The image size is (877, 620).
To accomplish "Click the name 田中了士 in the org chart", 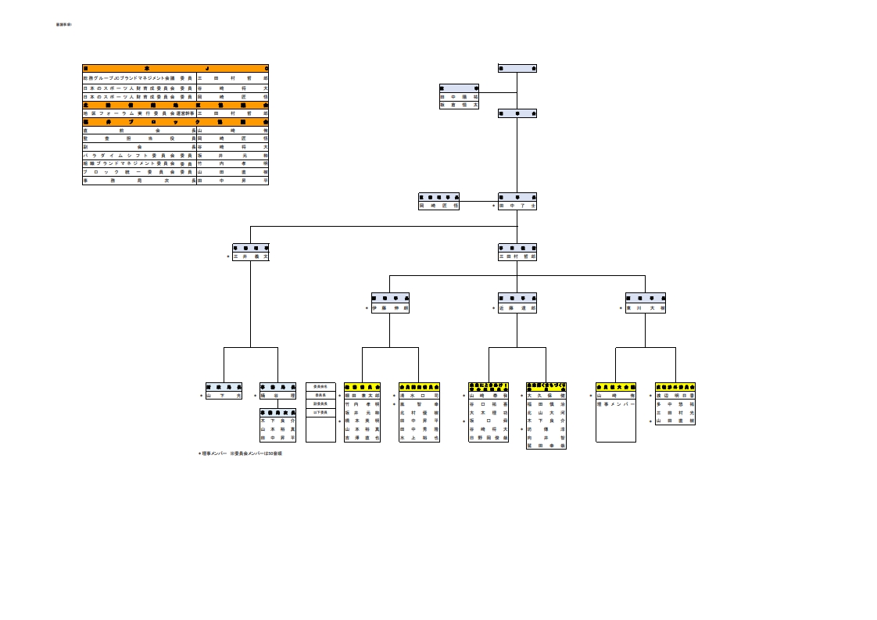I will tap(517, 206).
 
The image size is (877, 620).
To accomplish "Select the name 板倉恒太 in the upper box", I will tap(459, 104).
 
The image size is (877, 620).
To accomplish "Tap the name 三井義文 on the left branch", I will tap(251, 256).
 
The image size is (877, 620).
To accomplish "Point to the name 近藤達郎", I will tap(517, 308).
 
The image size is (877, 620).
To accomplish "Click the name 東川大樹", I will tap(646, 308).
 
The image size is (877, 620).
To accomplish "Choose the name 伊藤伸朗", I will tap(390, 308).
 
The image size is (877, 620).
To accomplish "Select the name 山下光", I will tap(224, 396).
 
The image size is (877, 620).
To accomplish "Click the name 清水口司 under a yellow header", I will tap(419, 396).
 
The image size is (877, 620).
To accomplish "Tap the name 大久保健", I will tap(546, 396).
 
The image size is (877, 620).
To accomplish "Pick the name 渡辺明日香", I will tap(675, 396).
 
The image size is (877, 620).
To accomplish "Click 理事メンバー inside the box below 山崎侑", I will tap(616, 404).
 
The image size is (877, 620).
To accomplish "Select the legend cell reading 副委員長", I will tap(320, 403).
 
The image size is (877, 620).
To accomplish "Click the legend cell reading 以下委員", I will tap(320, 412).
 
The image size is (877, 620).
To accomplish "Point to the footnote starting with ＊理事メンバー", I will tap(240, 453).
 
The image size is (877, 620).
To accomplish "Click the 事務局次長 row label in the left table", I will tap(138, 180).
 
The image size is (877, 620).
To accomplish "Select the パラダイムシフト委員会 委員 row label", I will tap(138, 155).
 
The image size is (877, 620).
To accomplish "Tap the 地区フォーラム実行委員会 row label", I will tap(138, 113).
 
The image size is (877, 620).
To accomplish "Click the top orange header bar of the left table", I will tap(175, 68).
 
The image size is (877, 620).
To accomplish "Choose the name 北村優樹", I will tap(419, 412).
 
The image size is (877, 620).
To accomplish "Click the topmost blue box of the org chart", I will tap(517, 68).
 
